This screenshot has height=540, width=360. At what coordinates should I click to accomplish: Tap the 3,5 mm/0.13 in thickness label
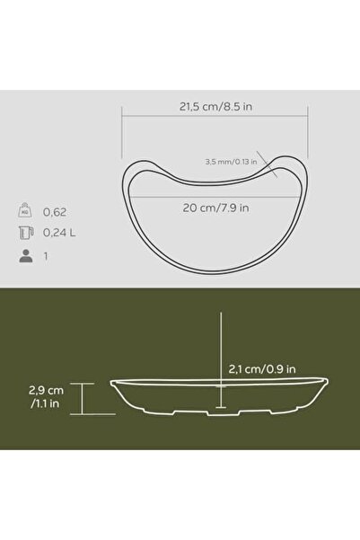[230, 163]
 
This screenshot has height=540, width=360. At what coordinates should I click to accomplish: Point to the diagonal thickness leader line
[267, 164]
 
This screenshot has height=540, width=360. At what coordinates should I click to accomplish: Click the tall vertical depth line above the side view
[218, 350]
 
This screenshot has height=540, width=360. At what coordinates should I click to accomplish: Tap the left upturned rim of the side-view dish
[115, 386]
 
